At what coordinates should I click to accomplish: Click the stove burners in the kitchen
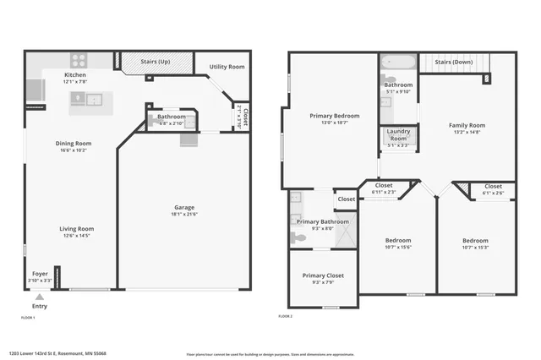(x=79, y=60)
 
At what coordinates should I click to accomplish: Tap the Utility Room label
(x=227, y=66)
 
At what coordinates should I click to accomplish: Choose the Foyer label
(x=40, y=274)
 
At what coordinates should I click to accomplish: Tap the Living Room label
(x=76, y=228)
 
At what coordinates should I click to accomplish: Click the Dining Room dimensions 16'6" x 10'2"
(x=74, y=150)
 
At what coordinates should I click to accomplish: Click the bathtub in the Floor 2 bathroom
(x=397, y=63)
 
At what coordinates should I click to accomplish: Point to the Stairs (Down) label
(x=453, y=62)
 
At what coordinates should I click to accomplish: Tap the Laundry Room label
(x=398, y=134)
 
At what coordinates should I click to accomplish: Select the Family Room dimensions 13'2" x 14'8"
(x=467, y=132)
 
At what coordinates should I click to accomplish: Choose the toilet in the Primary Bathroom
(x=298, y=237)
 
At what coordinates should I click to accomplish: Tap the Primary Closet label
(x=323, y=275)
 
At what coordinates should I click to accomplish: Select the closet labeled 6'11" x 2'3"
(x=384, y=192)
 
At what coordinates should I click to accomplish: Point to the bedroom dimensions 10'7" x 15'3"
(x=475, y=247)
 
